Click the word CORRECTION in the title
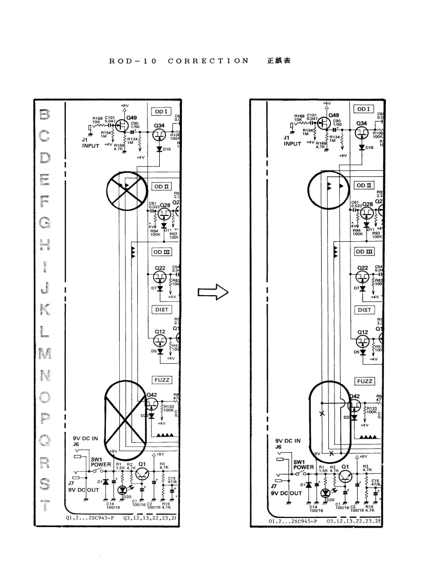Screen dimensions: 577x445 pyautogui.click(x=208, y=61)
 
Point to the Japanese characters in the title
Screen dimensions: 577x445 pyautogui.click(x=279, y=61)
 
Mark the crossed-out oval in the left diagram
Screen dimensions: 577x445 pyautogui.click(x=125, y=415)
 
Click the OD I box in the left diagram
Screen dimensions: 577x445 pyautogui.click(x=159, y=111)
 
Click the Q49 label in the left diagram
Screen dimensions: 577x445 pyautogui.click(x=132, y=116)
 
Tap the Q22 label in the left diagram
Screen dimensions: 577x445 pyautogui.click(x=160, y=268)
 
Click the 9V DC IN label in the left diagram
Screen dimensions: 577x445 pyautogui.click(x=88, y=440)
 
